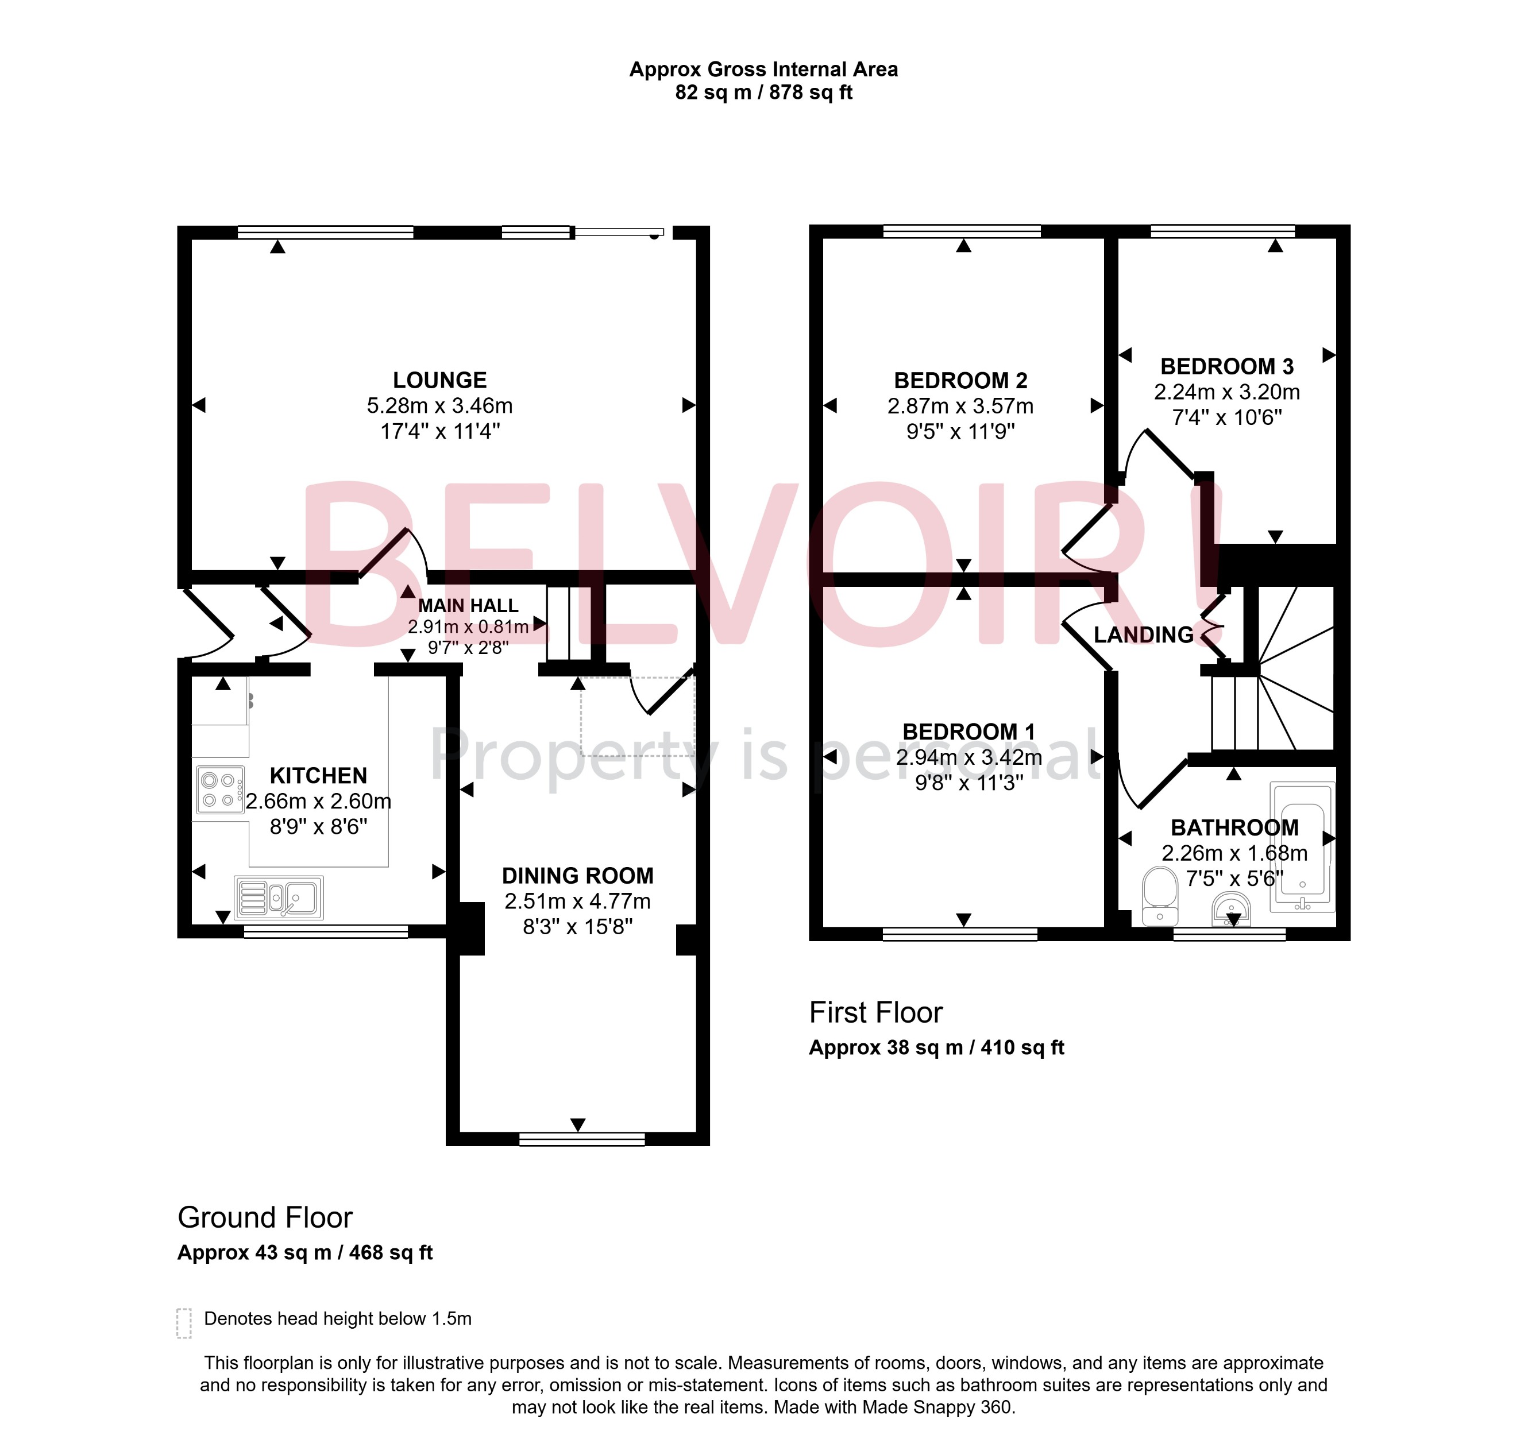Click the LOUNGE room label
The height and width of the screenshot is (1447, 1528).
[x=440, y=380]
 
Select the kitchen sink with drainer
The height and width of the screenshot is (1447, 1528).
[x=279, y=898]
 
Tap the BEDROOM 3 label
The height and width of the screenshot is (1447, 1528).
[x=1226, y=366]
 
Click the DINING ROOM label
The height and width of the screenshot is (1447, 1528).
[x=577, y=876]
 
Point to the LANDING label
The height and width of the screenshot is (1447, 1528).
[x=1144, y=635]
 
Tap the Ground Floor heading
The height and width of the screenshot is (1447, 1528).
[x=265, y=1218]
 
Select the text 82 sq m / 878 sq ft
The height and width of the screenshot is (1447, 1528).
[x=763, y=92]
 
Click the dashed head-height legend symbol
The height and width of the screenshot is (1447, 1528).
[x=184, y=1323]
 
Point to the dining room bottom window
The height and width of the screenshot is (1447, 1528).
[x=582, y=1139]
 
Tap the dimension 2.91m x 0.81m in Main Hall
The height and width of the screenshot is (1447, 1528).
[x=468, y=626]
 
